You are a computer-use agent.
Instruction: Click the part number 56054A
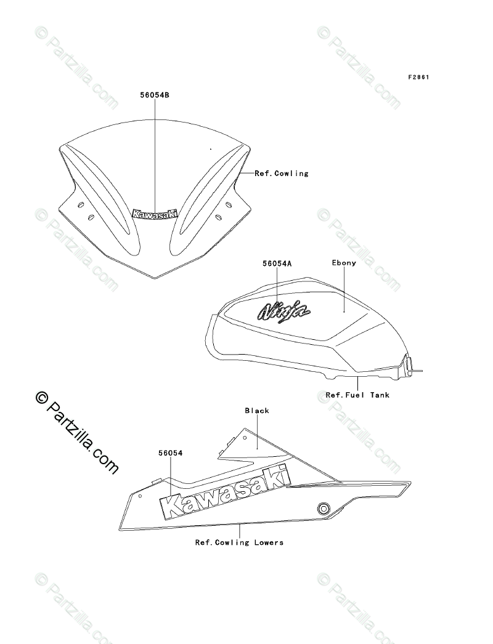point(277,264)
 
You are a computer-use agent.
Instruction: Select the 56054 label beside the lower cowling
point(170,453)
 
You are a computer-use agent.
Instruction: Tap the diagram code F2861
point(418,78)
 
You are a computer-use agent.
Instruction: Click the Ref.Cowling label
point(282,174)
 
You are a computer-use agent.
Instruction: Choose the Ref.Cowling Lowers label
point(239,542)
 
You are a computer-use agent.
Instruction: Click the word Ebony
point(344,263)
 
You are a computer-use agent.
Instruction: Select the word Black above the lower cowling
point(257,411)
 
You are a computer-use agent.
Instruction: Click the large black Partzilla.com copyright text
point(77,433)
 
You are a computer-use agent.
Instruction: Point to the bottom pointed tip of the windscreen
point(155,278)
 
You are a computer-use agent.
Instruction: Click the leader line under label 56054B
point(155,154)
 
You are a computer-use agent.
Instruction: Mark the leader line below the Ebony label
point(344,289)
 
